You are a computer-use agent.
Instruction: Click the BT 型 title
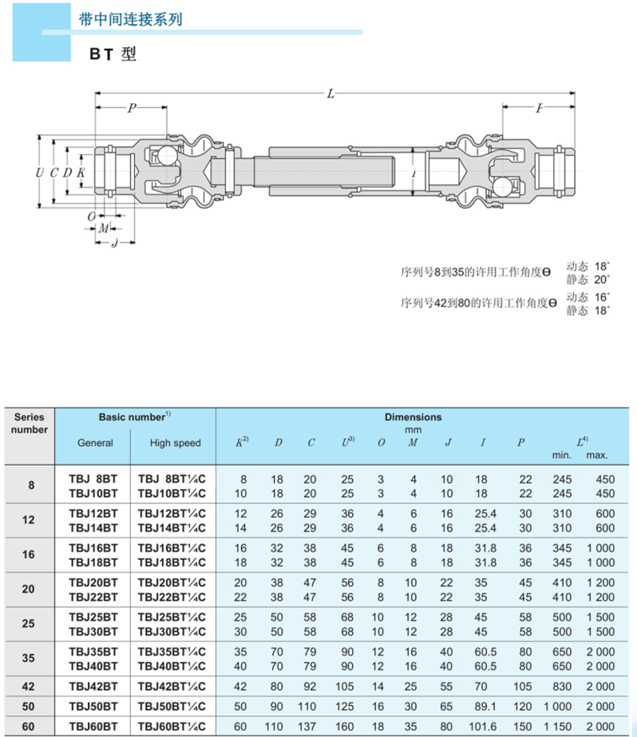pyautogui.click(x=113, y=54)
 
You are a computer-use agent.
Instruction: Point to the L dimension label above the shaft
pyautogui.click(x=330, y=93)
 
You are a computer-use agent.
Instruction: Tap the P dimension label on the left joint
pyautogui.click(x=132, y=108)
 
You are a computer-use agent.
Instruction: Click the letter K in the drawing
pyautogui.click(x=81, y=172)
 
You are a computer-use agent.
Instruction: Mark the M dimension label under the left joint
pyautogui.click(x=104, y=228)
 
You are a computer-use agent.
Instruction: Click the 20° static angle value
pyautogui.click(x=600, y=279)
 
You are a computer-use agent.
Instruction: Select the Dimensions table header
pyautogui.click(x=413, y=416)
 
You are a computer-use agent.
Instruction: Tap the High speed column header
pyautogui.click(x=176, y=443)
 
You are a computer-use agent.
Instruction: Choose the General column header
pyautogui.click(x=95, y=443)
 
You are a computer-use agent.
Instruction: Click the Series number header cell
pyautogui.click(x=30, y=424)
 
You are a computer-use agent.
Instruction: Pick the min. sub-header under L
pyautogui.click(x=563, y=455)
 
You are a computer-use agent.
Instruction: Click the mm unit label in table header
pyautogui.click(x=413, y=430)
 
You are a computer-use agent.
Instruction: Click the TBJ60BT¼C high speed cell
pyautogui.click(x=172, y=727)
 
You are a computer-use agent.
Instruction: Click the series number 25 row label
pyautogui.click(x=30, y=624)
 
